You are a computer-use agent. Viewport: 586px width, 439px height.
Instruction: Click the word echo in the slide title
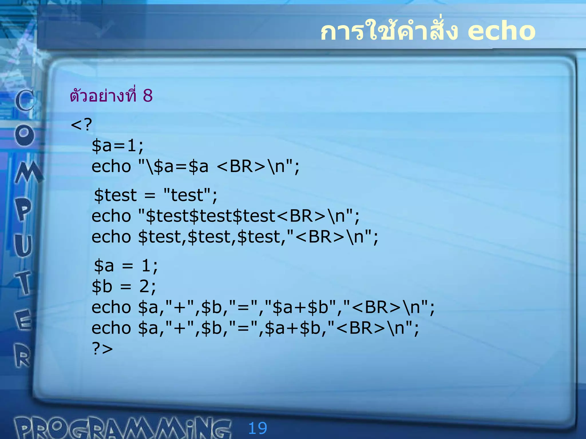(501, 31)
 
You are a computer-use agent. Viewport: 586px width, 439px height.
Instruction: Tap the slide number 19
(258, 428)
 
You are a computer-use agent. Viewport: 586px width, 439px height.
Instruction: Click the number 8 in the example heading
(148, 95)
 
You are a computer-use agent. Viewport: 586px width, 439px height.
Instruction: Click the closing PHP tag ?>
(102, 349)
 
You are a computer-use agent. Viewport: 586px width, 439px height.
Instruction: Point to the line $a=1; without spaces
(118, 145)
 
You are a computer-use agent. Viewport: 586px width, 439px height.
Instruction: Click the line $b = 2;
(124, 286)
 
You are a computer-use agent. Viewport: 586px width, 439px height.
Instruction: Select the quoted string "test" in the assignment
(187, 195)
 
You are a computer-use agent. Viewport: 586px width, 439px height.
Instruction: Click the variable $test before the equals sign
(116, 195)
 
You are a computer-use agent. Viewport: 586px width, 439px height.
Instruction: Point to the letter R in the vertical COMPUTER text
(23, 356)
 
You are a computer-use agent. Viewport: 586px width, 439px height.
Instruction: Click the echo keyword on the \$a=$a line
(111, 166)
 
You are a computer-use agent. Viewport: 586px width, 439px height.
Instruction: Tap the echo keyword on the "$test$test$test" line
(111, 216)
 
